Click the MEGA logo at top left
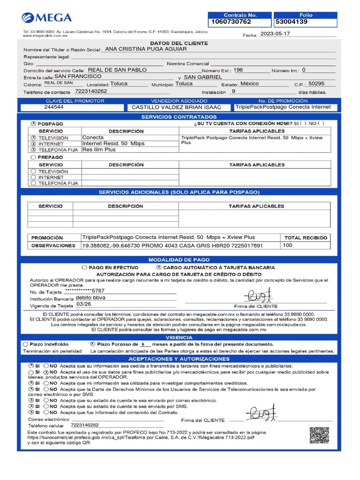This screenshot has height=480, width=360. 47,18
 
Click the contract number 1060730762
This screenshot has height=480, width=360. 232,22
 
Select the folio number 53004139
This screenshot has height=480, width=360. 292,22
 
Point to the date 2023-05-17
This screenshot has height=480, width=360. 276,34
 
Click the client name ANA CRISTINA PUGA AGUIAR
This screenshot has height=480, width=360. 146,49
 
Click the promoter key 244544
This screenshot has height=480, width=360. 54,107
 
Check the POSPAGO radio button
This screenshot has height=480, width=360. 33,123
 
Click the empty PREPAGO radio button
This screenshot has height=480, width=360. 33,157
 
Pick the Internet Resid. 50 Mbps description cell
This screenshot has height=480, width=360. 113,143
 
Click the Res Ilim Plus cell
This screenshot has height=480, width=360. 99,150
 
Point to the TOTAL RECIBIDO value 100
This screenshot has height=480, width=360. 287,245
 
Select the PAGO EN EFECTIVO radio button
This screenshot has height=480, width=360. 84,267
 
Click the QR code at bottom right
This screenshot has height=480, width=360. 319,435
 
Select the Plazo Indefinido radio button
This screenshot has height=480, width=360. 26,344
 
